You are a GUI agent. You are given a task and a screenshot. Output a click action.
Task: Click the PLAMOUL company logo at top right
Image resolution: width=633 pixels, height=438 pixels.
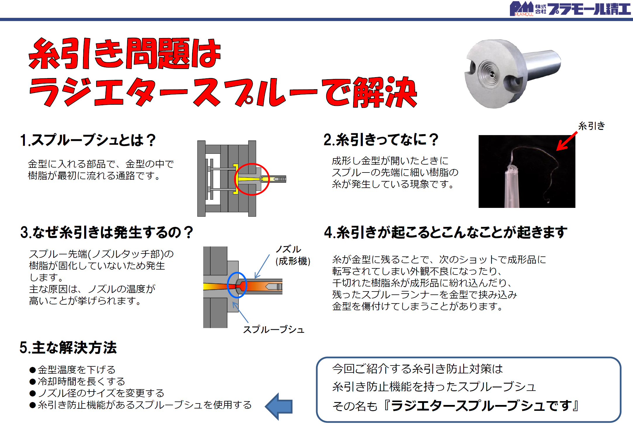coord(570,9)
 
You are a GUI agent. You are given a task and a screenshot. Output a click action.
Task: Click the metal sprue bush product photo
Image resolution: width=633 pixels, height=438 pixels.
coord(513,74)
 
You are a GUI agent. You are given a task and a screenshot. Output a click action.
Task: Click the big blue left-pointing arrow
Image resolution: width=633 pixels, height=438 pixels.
coord(279,406)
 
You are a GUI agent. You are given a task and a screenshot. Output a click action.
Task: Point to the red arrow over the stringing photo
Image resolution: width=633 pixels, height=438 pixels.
coord(567,141)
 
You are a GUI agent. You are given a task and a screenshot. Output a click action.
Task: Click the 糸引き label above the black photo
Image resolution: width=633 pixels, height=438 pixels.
coord(591,126)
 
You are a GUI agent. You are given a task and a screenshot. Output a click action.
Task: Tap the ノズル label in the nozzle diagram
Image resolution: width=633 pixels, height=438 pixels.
coord(288,249)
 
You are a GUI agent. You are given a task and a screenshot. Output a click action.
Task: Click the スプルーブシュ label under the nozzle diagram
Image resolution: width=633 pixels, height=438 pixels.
coord(274,330)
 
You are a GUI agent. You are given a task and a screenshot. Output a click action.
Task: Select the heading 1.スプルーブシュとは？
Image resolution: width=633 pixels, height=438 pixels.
coord(88,140)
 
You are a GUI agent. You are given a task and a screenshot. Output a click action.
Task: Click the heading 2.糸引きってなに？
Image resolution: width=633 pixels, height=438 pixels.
coord(381,139)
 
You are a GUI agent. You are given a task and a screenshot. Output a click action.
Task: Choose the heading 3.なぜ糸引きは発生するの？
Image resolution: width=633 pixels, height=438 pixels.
coord(107,232)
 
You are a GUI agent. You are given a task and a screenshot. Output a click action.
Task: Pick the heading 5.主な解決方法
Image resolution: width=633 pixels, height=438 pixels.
coord(68,348)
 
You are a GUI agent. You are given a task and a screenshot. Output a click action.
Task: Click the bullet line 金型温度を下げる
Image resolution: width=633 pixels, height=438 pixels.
coord(73,370)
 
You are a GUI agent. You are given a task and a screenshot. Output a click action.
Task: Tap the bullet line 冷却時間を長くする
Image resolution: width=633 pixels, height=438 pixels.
coord(77,381)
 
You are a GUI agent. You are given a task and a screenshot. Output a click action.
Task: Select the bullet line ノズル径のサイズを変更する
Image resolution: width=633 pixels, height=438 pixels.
coord(97,393)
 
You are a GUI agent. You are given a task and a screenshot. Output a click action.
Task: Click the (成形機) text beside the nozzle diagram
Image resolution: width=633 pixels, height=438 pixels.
coord(293,261)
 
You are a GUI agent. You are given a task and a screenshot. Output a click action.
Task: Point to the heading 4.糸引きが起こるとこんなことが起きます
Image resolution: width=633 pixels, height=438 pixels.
coord(446,232)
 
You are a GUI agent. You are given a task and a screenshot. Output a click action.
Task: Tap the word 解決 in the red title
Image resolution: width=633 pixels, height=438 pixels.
coord(385,92)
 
